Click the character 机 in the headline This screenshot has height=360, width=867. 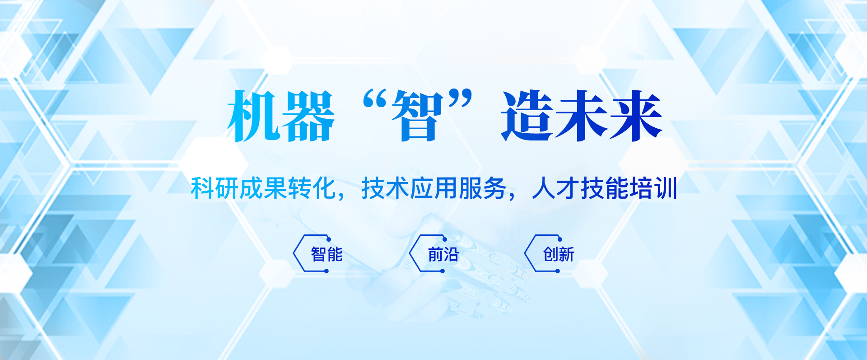tap(253, 116)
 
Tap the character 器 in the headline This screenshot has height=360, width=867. tap(308, 116)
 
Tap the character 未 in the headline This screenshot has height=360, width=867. tap(581, 116)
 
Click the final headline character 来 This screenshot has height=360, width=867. tap(636, 116)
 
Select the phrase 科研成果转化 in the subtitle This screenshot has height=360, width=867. tap(263, 188)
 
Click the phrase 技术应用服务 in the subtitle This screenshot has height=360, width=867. tap(434, 188)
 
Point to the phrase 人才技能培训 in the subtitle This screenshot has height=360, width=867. tap(605, 188)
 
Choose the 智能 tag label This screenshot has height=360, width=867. tap(327, 254)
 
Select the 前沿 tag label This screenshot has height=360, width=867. tap(443, 254)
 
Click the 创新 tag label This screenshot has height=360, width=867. tap(559, 254)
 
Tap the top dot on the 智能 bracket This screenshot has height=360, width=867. tap(329, 239)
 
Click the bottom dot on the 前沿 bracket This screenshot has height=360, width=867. tap(443, 271)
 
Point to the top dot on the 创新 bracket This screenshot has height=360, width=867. tap(560, 239)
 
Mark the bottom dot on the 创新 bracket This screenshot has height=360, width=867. tap(558, 271)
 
